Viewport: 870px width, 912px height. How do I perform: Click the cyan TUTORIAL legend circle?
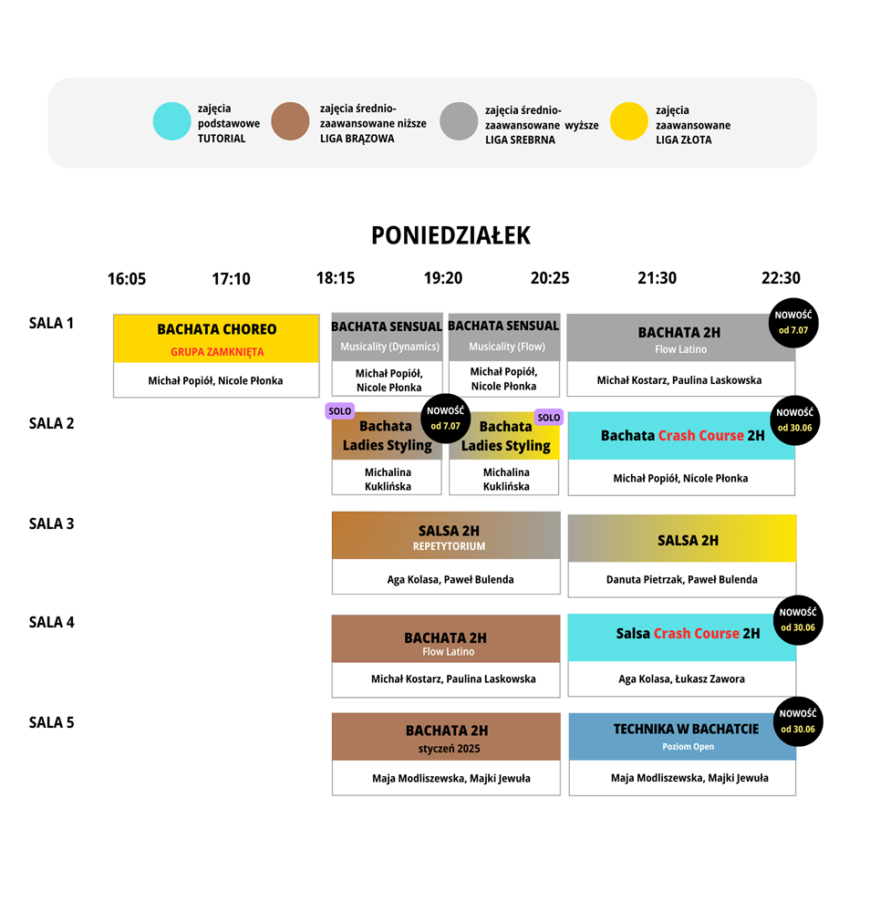click(x=171, y=121)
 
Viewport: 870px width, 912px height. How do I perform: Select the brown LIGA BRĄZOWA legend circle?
click(x=290, y=121)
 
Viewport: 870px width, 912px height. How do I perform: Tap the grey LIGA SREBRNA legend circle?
click(x=459, y=121)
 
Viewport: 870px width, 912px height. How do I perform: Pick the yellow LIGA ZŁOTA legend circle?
click(x=628, y=121)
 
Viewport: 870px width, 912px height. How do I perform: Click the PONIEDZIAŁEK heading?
click(x=451, y=235)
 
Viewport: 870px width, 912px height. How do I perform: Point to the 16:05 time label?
click(x=127, y=278)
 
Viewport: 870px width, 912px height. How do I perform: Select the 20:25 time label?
click(x=550, y=278)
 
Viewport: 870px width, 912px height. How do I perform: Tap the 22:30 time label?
click(x=781, y=278)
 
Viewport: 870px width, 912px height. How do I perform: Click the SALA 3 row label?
click(x=52, y=523)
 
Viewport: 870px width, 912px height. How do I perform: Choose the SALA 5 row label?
click(x=52, y=722)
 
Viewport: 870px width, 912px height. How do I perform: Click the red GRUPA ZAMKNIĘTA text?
click(x=217, y=352)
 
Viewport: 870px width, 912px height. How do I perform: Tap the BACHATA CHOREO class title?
click(x=217, y=329)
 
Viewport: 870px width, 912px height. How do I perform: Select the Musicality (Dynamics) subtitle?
click(x=389, y=347)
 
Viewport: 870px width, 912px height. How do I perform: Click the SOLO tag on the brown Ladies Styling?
click(x=339, y=411)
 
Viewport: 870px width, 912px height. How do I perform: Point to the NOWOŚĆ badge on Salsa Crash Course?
click(x=798, y=620)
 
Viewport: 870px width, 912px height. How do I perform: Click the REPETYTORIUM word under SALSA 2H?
click(x=449, y=546)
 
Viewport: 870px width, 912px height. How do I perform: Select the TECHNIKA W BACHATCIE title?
click(x=686, y=729)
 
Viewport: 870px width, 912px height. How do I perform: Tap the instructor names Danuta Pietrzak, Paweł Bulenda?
click(x=681, y=579)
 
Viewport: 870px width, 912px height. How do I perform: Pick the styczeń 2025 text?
click(x=449, y=749)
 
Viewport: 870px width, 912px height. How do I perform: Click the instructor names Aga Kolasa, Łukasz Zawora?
click(x=681, y=679)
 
